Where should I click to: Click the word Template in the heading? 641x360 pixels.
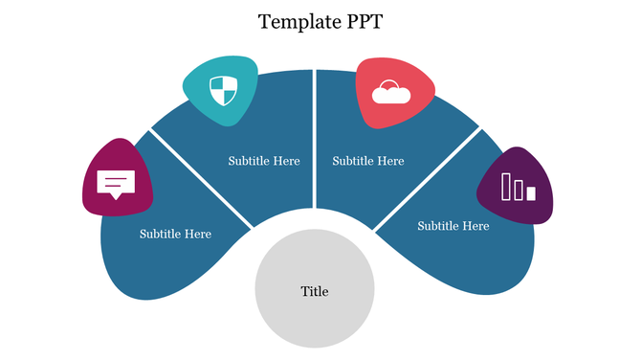tap(293, 22)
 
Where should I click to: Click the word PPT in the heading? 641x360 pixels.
tap(361, 22)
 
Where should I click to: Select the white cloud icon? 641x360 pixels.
tap(392, 93)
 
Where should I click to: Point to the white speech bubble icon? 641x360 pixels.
tap(117, 183)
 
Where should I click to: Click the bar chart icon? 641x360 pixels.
tap(519, 188)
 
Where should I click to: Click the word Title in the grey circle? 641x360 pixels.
tap(315, 291)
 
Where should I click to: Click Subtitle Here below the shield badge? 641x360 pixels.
tap(264, 161)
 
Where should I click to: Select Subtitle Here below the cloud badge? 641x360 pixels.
tap(368, 161)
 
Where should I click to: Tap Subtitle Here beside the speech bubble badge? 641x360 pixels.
tap(175, 234)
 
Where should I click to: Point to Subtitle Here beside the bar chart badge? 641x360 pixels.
tap(453, 226)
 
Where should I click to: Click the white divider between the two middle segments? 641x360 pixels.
tap(314, 144)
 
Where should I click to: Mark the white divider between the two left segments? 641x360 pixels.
tap(201, 177)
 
